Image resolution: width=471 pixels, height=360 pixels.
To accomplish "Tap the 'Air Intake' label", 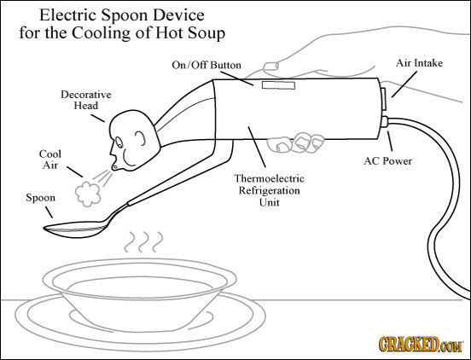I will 418,62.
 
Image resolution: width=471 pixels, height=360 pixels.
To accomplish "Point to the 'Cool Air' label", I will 49,159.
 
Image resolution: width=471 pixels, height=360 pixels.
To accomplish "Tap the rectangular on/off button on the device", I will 277,84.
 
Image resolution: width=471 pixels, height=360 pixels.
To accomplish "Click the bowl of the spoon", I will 73,229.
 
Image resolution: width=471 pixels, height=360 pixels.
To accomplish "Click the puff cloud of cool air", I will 86,191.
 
